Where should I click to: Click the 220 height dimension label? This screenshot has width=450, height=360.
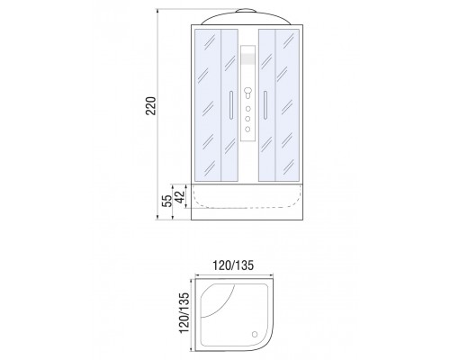click(151, 105)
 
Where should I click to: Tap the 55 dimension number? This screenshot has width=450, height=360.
click(167, 201)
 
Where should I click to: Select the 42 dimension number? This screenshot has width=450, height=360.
click(181, 196)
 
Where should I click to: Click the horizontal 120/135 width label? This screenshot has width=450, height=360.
click(233, 265)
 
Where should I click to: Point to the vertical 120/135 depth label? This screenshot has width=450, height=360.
click(184, 312)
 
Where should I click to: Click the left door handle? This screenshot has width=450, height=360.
click(230, 105)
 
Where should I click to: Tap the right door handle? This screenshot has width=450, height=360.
click(265, 105)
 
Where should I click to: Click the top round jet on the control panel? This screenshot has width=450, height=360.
click(247, 109)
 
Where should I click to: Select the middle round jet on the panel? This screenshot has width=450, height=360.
click(247, 119)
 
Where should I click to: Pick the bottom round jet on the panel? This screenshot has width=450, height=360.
click(247, 129)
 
